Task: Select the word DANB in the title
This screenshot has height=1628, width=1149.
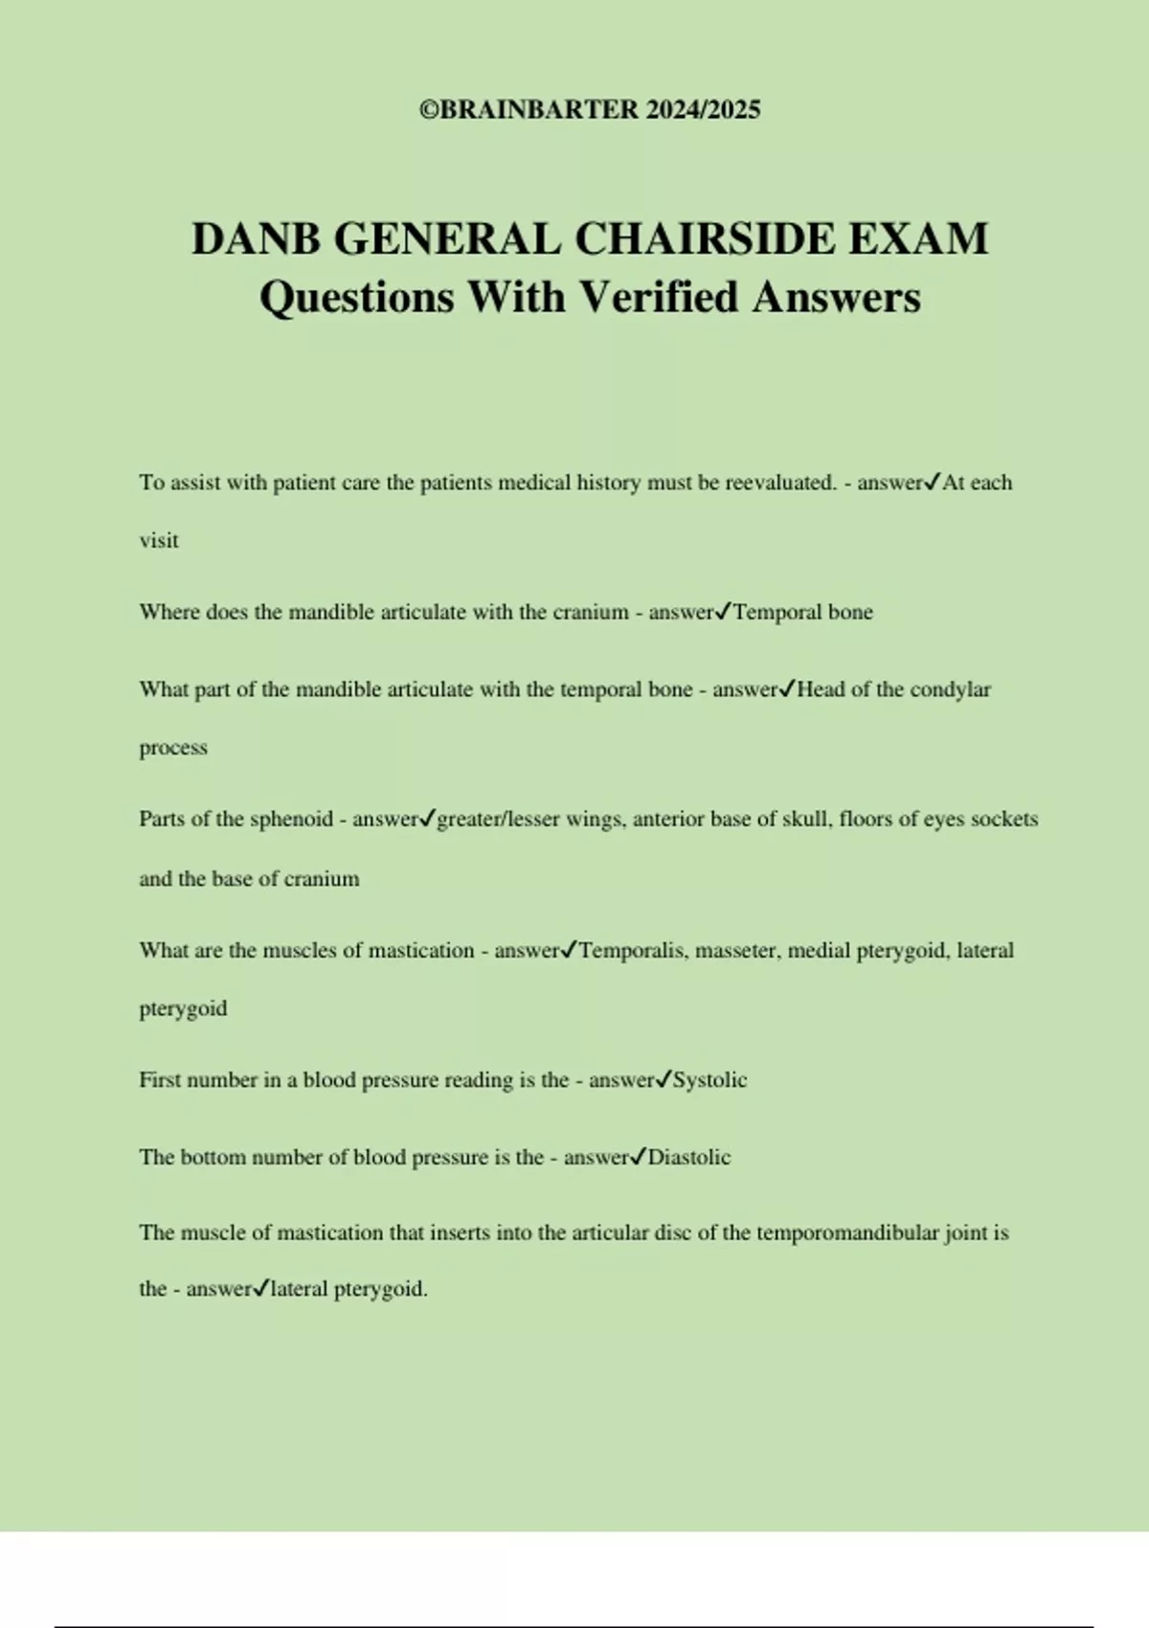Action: (x=256, y=238)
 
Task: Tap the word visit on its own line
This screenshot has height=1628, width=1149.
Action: (x=159, y=541)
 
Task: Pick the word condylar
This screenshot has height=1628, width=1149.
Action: (x=950, y=690)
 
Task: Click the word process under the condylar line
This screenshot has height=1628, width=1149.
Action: (x=173, y=748)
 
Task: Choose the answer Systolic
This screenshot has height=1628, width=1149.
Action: (x=710, y=1080)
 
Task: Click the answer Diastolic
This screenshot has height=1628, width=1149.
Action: (x=689, y=1158)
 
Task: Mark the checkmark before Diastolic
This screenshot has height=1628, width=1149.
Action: (x=640, y=1157)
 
